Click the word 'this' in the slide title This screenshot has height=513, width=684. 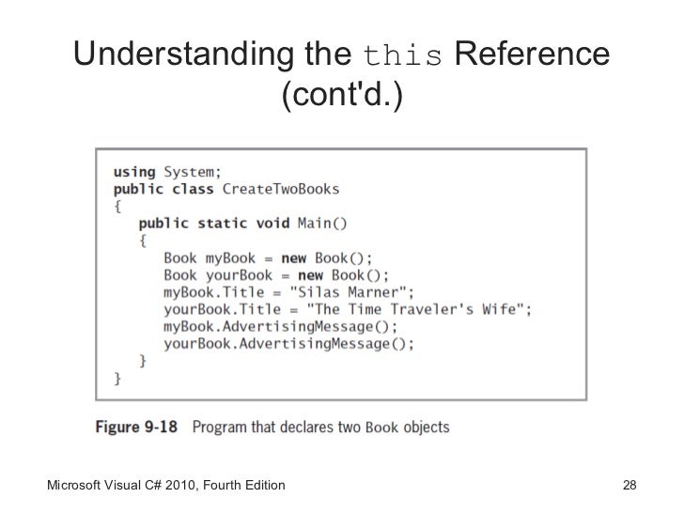point(402,57)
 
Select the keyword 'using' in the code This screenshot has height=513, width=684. point(135,172)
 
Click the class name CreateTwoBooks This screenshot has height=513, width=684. point(281,189)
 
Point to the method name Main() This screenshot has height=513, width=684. point(322,224)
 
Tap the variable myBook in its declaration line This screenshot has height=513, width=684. point(231,257)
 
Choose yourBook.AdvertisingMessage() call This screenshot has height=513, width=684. point(288,343)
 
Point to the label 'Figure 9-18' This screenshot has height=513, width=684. point(138,427)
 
